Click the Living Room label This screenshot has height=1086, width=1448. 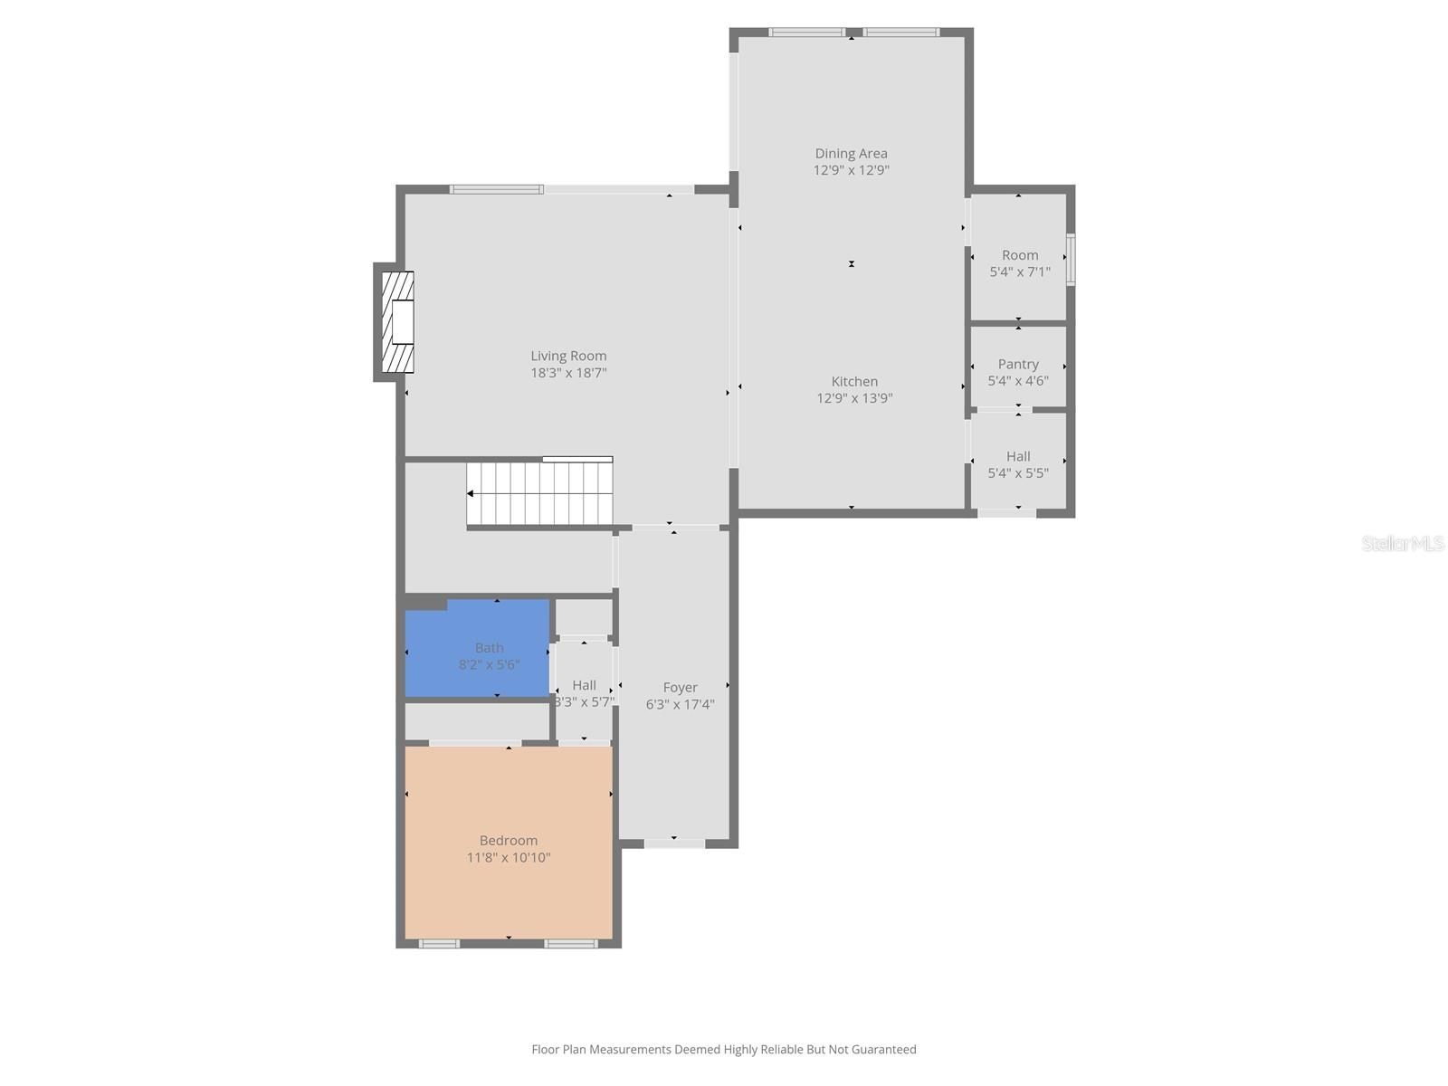click(x=568, y=356)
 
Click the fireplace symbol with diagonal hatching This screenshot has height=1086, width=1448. click(x=397, y=322)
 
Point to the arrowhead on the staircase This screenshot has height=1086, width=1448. click(x=471, y=493)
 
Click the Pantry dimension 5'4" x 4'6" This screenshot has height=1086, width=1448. click(x=1018, y=381)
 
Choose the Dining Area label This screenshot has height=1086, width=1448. click(x=851, y=153)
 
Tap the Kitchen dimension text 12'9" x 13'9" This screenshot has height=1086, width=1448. click(x=854, y=398)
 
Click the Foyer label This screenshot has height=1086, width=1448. click(x=680, y=687)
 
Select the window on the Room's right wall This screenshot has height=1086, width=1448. click(x=1070, y=260)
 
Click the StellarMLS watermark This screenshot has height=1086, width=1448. click(x=1403, y=543)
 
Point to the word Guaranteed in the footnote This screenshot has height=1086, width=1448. click(x=880, y=1050)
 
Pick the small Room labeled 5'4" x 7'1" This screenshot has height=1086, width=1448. click(x=1020, y=255)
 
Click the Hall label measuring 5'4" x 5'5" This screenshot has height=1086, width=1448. click(x=1018, y=456)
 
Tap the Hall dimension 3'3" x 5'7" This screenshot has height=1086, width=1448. click(x=584, y=701)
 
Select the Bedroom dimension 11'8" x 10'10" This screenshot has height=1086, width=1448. click(x=509, y=858)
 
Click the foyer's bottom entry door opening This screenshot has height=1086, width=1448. click(x=674, y=843)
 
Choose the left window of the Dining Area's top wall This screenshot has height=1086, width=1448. click(x=806, y=33)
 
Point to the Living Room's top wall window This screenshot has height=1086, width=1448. click(x=497, y=189)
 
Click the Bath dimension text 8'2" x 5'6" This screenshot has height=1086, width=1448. click(x=489, y=665)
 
